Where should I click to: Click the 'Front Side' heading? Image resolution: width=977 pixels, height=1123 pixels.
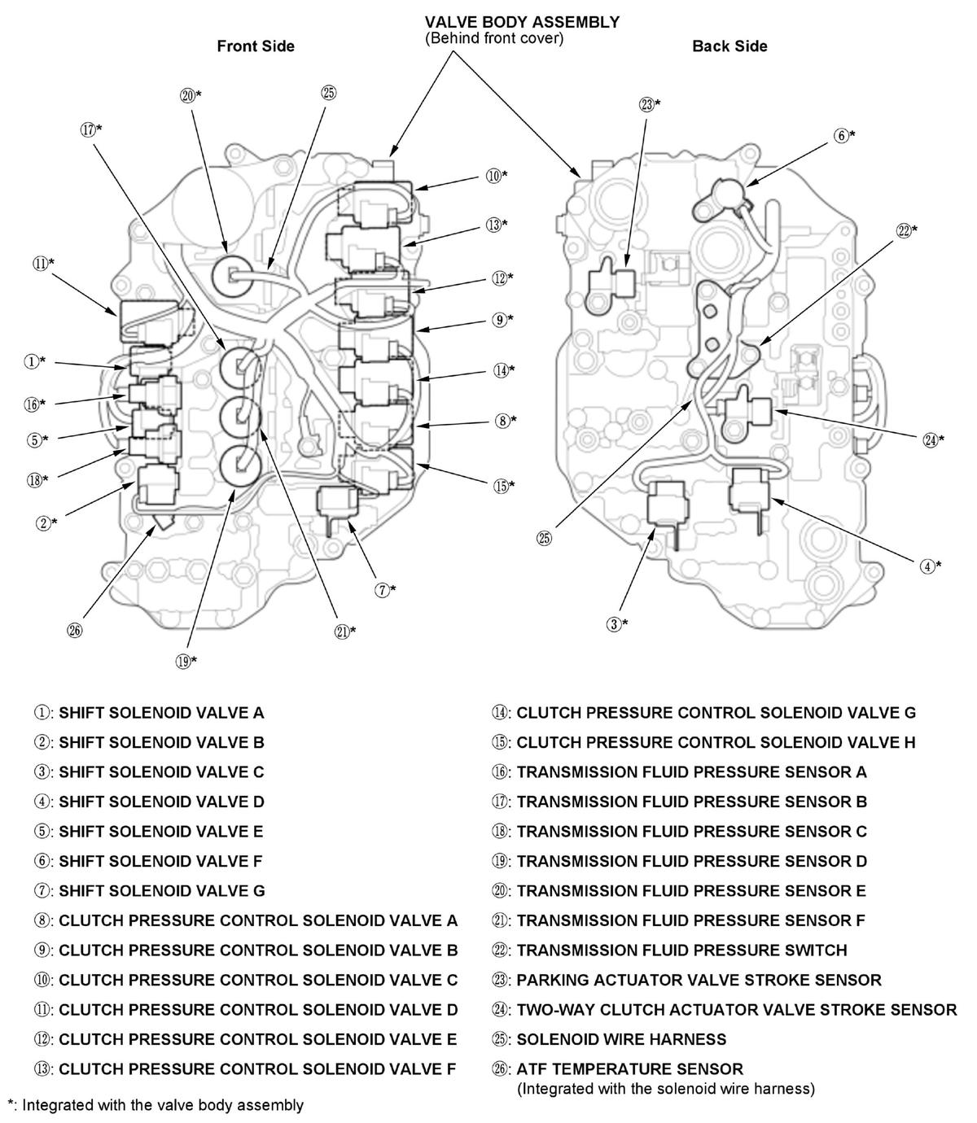(255, 46)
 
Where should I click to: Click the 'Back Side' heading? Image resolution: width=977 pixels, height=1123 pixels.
(729, 46)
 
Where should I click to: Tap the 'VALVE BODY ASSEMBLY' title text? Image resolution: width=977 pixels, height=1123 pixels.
(522, 22)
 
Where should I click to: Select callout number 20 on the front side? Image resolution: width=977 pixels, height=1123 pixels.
(190, 95)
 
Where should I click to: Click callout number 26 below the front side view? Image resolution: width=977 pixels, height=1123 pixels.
(76, 630)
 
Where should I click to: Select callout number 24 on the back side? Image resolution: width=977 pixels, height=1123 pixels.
(933, 439)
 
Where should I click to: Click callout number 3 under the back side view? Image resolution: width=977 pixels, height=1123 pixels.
(618, 624)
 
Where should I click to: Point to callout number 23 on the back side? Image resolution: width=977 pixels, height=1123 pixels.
(650, 104)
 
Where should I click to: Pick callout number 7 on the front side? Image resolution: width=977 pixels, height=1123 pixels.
(385, 590)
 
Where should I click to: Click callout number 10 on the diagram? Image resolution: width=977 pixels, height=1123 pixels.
(497, 174)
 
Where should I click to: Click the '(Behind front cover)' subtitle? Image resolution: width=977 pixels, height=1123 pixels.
(494, 38)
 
